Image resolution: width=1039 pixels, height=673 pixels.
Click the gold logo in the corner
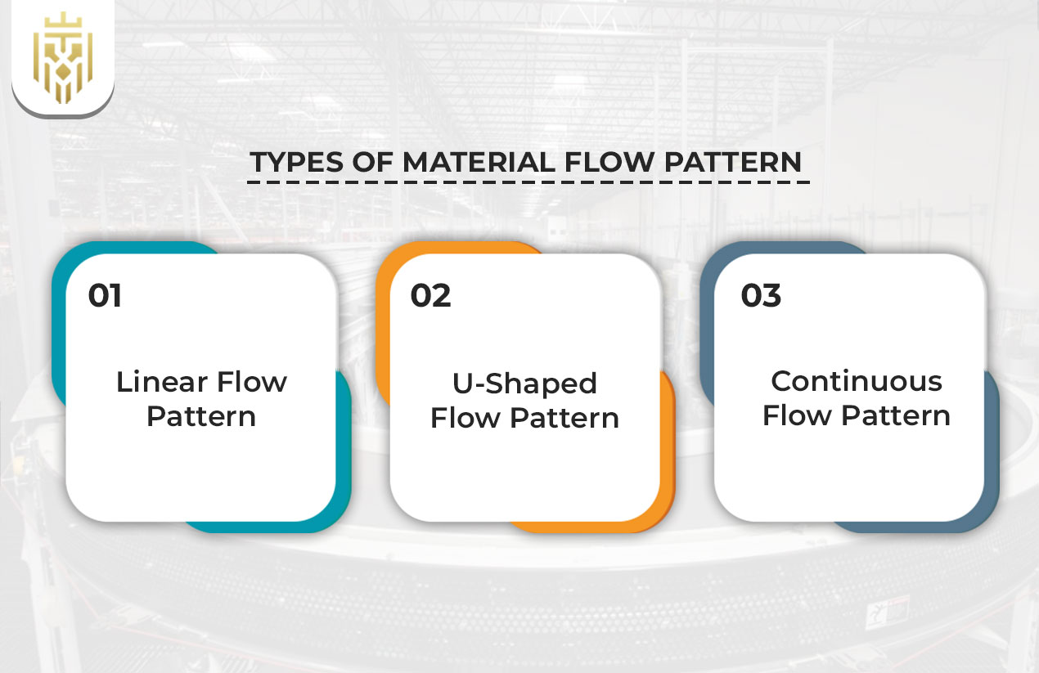(x=63, y=56)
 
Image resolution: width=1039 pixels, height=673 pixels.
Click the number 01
(x=105, y=295)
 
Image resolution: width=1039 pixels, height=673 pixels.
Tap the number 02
(x=430, y=295)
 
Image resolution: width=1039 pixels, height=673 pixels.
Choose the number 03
(x=761, y=295)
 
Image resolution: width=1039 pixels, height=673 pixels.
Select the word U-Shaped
(x=525, y=383)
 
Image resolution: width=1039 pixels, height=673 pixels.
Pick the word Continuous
(x=857, y=381)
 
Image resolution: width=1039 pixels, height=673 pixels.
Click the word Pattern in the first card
(x=201, y=416)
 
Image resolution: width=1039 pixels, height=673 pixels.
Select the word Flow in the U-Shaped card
(x=465, y=418)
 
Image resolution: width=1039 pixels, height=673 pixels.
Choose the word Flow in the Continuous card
(x=796, y=415)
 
